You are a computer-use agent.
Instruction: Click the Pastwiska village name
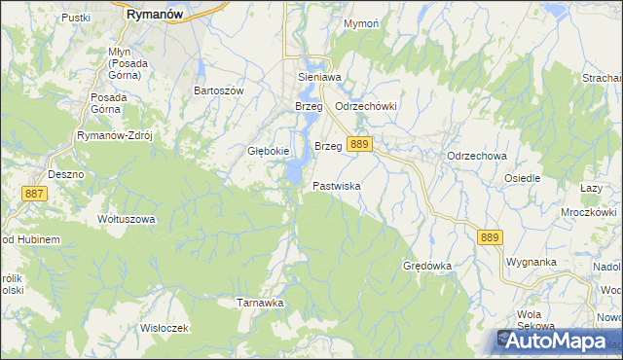[x=337, y=185]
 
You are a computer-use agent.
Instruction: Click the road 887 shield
[x=33, y=194]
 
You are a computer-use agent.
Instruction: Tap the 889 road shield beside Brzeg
[x=359, y=144]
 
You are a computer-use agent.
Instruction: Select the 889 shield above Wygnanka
[x=489, y=236]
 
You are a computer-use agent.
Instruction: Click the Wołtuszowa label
[x=127, y=219]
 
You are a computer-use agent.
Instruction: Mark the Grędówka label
[x=428, y=265]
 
